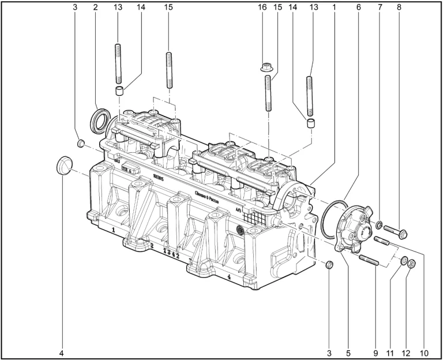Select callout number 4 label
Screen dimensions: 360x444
tap(61, 351)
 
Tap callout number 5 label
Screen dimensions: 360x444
tap(348, 351)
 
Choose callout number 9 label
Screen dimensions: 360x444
tap(375, 351)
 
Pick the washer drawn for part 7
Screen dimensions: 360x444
tap(381, 224)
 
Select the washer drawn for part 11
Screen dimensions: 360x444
tap(404, 261)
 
